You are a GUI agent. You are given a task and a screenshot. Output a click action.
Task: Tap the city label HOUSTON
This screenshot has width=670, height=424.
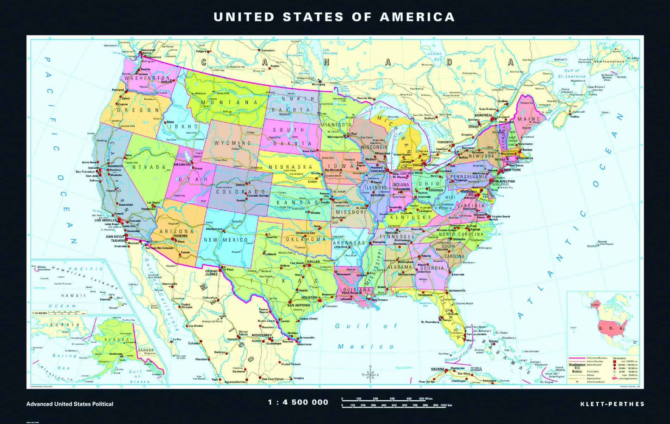click(310, 298)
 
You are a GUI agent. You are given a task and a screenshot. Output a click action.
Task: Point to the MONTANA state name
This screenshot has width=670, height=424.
click(229, 102)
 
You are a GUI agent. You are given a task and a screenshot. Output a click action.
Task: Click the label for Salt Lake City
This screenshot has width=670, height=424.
click(182, 164)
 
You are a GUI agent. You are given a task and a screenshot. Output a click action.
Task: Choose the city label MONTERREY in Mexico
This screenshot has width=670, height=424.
click(261, 335)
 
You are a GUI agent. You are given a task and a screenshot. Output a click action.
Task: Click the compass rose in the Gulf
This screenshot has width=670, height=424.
click(370, 375)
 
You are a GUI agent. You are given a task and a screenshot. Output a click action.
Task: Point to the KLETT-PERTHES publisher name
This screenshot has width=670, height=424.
click(612, 404)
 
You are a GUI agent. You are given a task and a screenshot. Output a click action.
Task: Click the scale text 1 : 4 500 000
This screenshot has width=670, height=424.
click(298, 402)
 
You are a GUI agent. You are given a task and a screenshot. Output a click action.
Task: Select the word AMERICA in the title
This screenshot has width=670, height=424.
click(417, 17)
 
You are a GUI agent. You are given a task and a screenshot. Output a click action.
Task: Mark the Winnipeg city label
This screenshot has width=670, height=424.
click(318, 85)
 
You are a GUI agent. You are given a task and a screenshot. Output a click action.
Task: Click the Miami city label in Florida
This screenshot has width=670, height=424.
click(470, 340)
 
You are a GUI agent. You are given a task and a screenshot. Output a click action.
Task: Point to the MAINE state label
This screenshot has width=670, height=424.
click(529, 119)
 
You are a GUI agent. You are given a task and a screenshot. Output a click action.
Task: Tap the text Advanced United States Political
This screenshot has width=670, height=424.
click(70, 404)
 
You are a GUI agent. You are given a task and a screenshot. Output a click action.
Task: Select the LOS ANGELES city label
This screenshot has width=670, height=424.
click(105, 220)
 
